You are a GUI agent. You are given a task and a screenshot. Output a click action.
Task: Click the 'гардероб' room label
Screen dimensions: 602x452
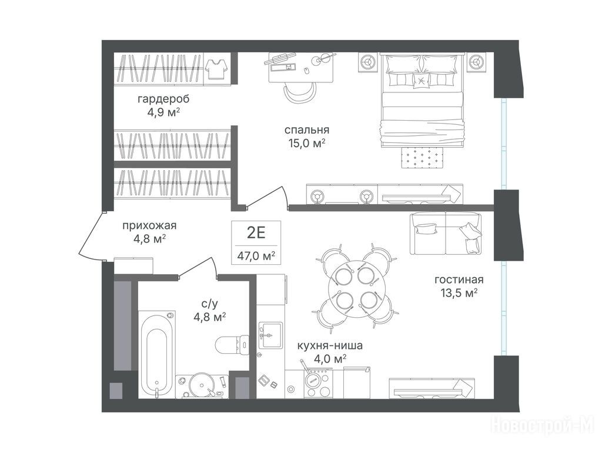click(163, 99)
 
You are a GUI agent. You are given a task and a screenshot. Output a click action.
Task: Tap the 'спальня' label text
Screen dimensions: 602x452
click(307, 130)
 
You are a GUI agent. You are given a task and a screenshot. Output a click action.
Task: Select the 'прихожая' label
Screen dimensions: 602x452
click(149, 225)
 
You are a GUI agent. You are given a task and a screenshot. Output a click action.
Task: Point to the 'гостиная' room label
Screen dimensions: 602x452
click(459, 280)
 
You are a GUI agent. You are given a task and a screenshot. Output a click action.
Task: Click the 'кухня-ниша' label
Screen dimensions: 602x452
click(330, 345)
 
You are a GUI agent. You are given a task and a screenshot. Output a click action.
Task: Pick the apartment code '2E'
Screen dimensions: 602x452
click(256, 233)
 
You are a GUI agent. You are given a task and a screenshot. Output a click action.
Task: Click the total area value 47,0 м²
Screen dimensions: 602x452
click(256, 255)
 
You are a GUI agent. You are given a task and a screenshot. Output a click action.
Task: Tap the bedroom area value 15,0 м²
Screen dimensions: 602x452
click(307, 144)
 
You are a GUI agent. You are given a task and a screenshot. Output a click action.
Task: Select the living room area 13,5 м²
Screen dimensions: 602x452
click(459, 293)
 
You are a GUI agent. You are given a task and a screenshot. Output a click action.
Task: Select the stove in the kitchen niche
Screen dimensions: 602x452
click(318, 383)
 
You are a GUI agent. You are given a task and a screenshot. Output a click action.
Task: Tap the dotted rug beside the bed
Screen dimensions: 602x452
click(423, 157)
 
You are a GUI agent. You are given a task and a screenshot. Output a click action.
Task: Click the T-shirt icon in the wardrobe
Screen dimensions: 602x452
click(217, 69)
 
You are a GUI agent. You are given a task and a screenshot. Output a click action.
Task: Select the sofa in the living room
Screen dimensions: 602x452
click(446, 233)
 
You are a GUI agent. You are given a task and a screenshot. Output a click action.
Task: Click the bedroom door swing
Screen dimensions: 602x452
click(267, 197)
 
